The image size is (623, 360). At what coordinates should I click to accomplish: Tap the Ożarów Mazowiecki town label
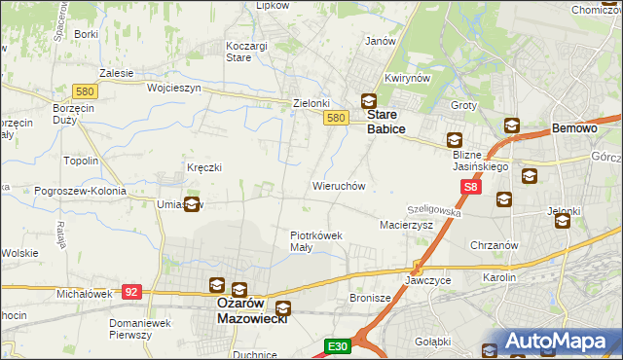pos(249,309)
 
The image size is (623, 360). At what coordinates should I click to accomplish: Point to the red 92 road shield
pos(132,290)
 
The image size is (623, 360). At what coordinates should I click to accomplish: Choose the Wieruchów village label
pos(338,185)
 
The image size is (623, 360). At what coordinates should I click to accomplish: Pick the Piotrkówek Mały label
pos(315,240)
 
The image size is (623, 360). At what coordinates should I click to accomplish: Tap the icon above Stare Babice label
pos(369,101)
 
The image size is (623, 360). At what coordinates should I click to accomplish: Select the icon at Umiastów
pos(193,204)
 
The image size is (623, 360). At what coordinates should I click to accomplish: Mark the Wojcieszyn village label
pos(173,88)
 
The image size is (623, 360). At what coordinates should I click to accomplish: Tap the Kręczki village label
pos(204,167)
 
